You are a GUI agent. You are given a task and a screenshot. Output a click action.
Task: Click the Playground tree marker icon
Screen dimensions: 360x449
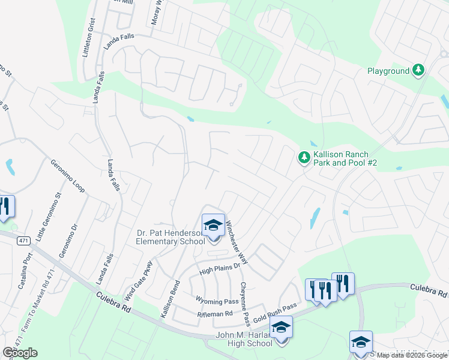(x=418, y=71)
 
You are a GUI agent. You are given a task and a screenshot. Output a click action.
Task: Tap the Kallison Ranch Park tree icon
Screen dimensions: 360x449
(x=304, y=158)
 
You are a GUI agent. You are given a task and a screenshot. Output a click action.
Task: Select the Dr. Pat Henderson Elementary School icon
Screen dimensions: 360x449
(x=213, y=226)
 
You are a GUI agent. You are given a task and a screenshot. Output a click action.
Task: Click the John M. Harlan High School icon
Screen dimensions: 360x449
(x=281, y=328)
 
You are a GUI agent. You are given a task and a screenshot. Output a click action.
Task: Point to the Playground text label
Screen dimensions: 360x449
(x=388, y=71)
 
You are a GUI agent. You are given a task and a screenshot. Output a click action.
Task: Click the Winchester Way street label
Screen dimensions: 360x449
(x=237, y=242)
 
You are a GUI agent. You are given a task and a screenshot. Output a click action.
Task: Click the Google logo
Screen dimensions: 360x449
(x=20, y=353)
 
